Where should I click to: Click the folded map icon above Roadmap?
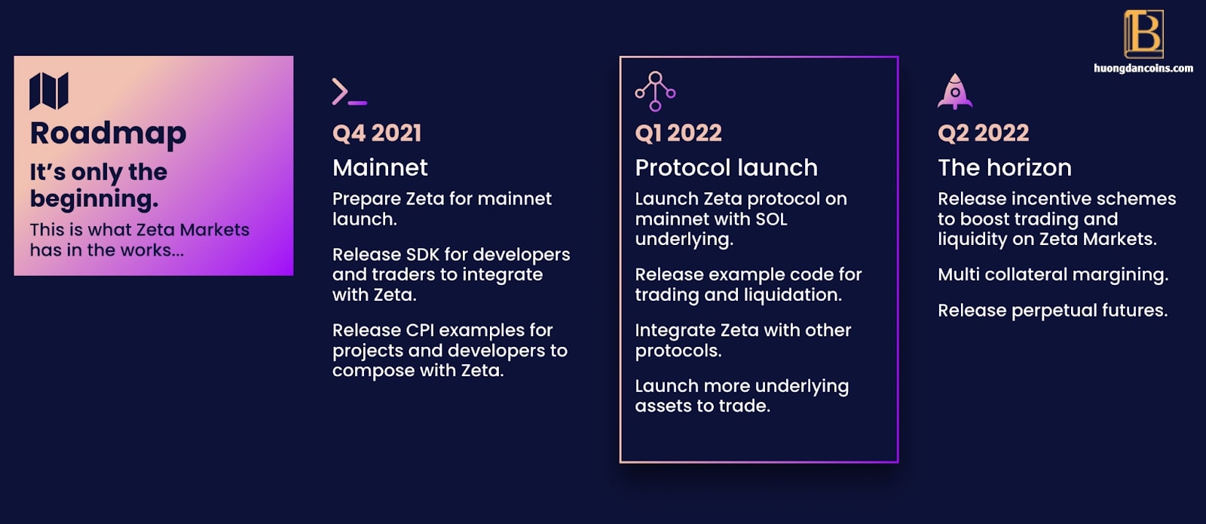tap(48, 91)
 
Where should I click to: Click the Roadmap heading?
tap(109, 133)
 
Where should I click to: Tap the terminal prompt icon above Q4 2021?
tap(350, 91)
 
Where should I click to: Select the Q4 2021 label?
tap(377, 133)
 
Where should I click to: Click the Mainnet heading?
tap(380, 167)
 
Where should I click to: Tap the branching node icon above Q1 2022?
tap(655, 91)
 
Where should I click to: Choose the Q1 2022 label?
tap(678, 133)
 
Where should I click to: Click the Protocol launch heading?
tap(727, 167)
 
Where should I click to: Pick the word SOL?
tap(772, 219)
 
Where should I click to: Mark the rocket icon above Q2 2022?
tap(955, 91)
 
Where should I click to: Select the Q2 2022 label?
tap(983, 133)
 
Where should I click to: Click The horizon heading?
tap(1005, 167)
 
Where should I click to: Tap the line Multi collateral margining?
tap(1053, 275)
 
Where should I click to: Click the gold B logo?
tap(1143, 34)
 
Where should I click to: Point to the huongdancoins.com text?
tap(1143, 69)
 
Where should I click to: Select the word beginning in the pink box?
tap(94, 199)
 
